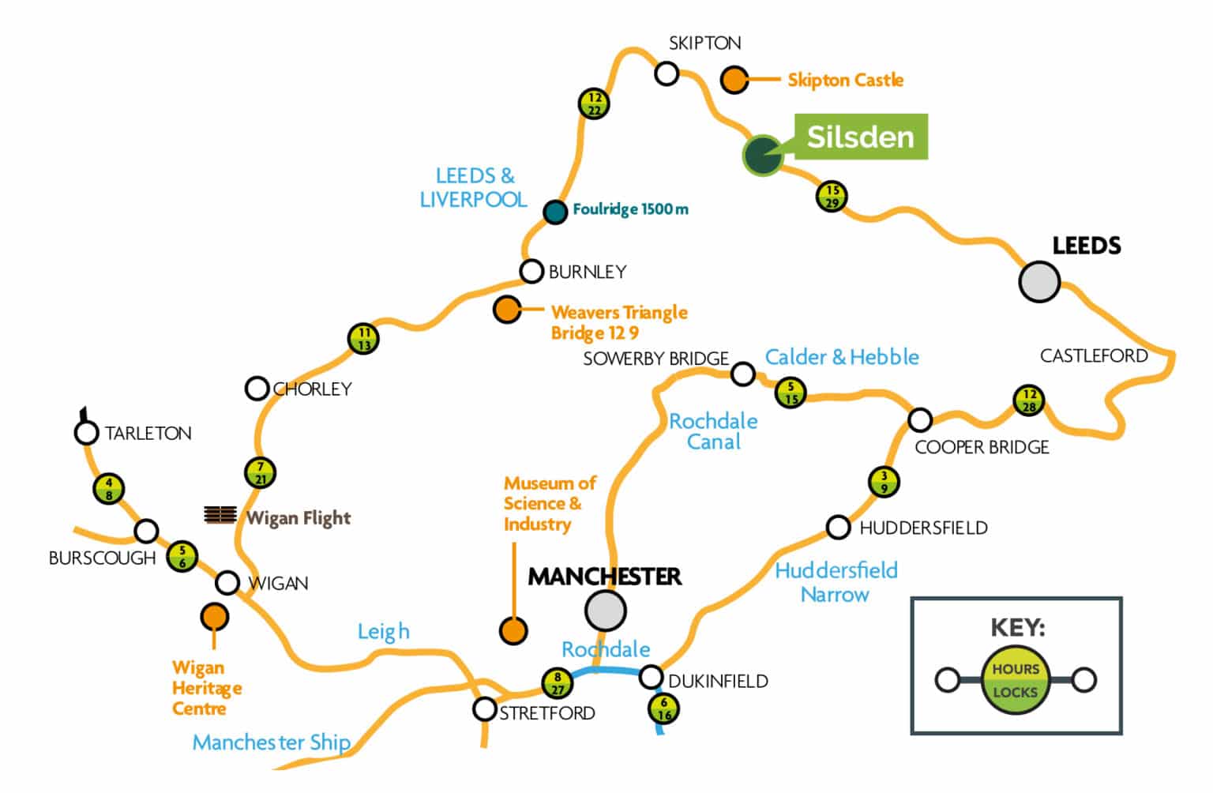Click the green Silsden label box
click(860, 137)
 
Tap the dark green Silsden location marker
click(763, 155)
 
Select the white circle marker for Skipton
click(667, 74)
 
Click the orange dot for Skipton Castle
click(734, 80)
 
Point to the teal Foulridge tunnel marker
click(555, 212)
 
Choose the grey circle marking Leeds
click(1038, 281)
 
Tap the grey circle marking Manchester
click(606, 610)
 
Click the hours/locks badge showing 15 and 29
click(832, 196)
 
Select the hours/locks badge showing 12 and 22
click(594, 103)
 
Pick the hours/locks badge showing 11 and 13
click(363, 339)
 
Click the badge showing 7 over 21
click(261, 472)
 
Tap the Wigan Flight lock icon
click(220, 515)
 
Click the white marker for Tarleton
click(86, 433)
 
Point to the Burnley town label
click(588, 272)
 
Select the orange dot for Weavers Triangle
click(507, 309)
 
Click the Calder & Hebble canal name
click(842, 357)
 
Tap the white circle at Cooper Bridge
click(920, 419)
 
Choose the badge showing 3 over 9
click(884, 481)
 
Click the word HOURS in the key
click(1016, 669)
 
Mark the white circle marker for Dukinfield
click(651, 677)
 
